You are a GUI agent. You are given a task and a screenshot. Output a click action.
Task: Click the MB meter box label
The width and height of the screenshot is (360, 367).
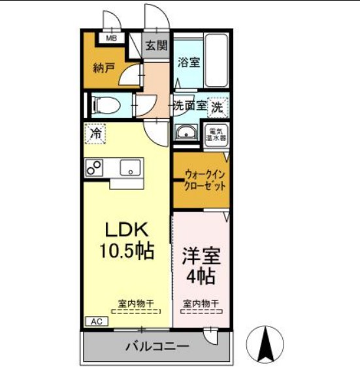[112, 37]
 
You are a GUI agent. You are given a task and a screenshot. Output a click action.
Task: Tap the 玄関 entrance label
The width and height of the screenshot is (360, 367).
[156, 46]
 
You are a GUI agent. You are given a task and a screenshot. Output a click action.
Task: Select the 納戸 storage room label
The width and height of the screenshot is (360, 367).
[104, 67]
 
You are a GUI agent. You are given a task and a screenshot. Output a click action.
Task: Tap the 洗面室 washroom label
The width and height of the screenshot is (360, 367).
[190, 104]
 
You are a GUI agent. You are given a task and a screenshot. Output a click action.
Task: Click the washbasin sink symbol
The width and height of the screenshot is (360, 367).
[187, 133]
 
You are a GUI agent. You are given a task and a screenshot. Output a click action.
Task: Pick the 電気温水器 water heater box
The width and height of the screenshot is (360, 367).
[216, 134]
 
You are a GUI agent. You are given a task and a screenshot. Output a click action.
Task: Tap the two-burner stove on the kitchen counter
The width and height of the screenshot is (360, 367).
[94, 167]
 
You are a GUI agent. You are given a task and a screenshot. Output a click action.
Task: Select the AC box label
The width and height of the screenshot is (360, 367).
[95, 322]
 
